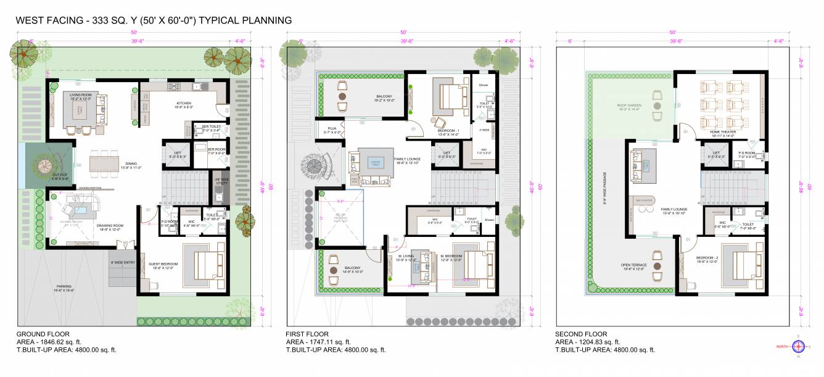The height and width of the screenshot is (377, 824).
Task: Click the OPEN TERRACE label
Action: [634, 266]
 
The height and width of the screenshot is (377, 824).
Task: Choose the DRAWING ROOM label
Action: [110, 226]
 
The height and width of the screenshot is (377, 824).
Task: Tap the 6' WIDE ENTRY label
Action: [122, 263]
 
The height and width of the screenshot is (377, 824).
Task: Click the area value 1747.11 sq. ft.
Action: [332, 342]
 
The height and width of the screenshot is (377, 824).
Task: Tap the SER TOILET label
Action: [212, 126]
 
